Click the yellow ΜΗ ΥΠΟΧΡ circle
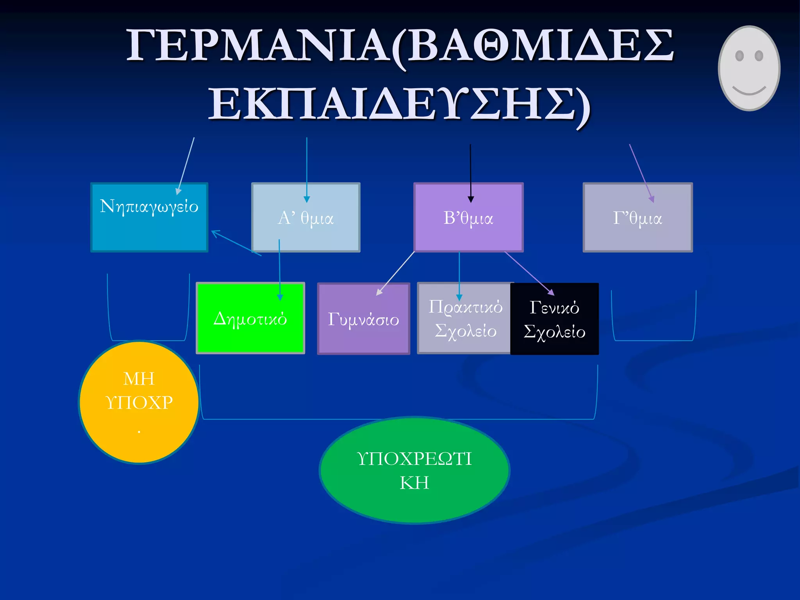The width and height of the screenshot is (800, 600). pyautogui.click(x=139, y=402)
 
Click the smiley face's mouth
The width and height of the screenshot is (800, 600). pyautogui.click(x=749, y=91)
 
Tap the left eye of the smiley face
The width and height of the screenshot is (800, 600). pyautogui.click(x=739, y=56)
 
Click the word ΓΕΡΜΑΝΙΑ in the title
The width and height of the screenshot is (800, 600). pyautogui.click(x=258, y=46)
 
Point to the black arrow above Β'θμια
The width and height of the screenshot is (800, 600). pyautogui.click(x=471, y=172)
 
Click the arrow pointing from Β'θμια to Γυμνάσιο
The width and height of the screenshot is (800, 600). pyautogui.click(x=395, y=273)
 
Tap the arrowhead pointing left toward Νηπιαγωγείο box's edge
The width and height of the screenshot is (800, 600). pyautogui.click(x=216, y=233)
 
